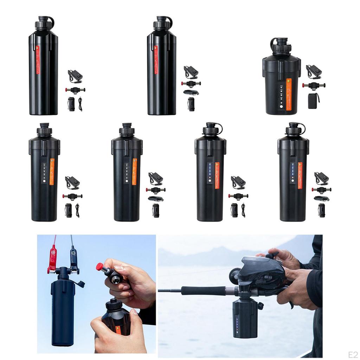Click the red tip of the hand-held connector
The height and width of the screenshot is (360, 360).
tap(99, 266)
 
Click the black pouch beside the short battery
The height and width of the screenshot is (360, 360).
tap(313, 101)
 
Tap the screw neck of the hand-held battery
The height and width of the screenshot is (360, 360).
tap(114, 304)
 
